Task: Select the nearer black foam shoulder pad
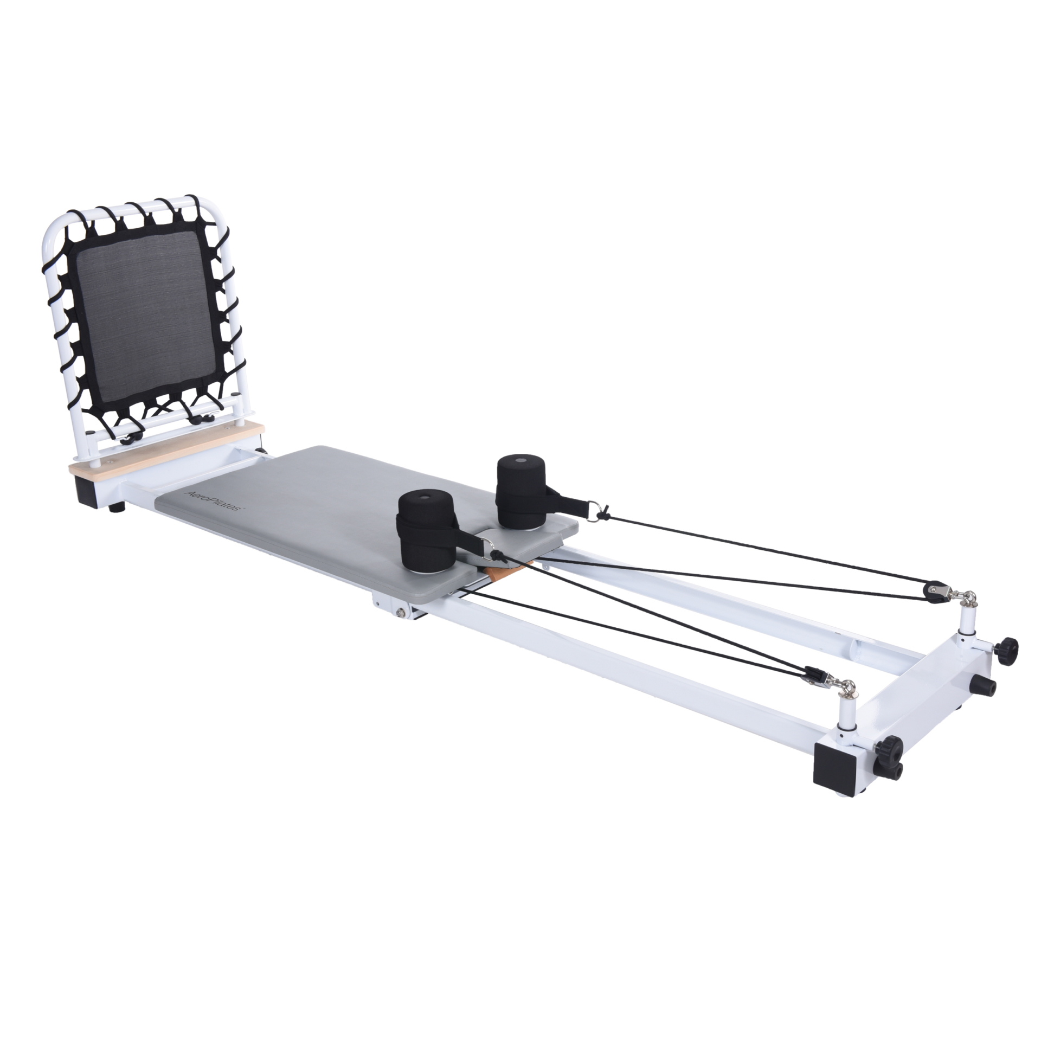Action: click(x=428, y=531)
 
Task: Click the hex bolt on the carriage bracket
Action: click(x=400, y=613)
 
